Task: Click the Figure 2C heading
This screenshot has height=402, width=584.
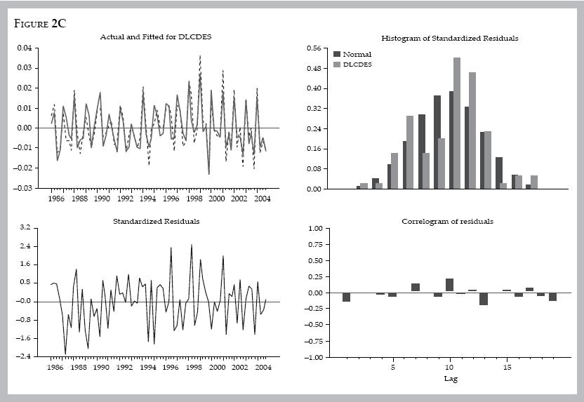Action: pyautogui.click(x=40, y=22)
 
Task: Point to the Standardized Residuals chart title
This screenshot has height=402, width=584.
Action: pyautogui.click(x=156, y=221)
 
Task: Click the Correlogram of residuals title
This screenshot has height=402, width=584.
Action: pyautogui.click(x=447, y=221)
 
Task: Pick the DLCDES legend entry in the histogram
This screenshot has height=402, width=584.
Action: pyautogui.click(x=357, y=65)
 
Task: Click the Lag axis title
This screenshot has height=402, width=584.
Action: pyautogui.click(x=450, y=379)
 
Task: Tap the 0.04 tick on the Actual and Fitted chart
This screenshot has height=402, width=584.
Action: pyautogui.click(x=25, y=48)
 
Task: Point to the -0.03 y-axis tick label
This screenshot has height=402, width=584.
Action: pyautogui.click(x=23, y=189)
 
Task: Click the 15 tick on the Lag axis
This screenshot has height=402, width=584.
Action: pyautogui.click(x=507, y=367)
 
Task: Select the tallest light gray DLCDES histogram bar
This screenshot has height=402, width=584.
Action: pyautogui.click(x=456, y=123)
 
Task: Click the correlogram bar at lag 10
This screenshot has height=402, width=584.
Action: pyautogui.click(x=449, y=285)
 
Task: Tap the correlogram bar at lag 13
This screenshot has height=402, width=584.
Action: pyautogui.click(x=483, y=298)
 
